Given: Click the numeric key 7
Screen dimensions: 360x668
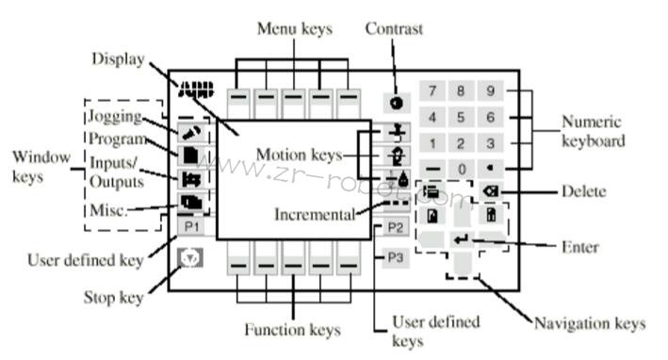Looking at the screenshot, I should (432, 91).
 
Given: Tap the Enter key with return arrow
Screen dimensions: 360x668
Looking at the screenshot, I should (463, 241).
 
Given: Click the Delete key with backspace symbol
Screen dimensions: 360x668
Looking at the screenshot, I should (490, 191).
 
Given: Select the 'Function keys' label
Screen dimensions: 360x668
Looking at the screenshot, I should (293, 330).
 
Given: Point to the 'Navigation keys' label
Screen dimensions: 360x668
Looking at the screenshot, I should (590, 323).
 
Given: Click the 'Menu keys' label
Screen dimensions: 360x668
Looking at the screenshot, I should (294, 29).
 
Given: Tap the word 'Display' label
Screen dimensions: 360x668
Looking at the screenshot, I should (117, 58).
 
